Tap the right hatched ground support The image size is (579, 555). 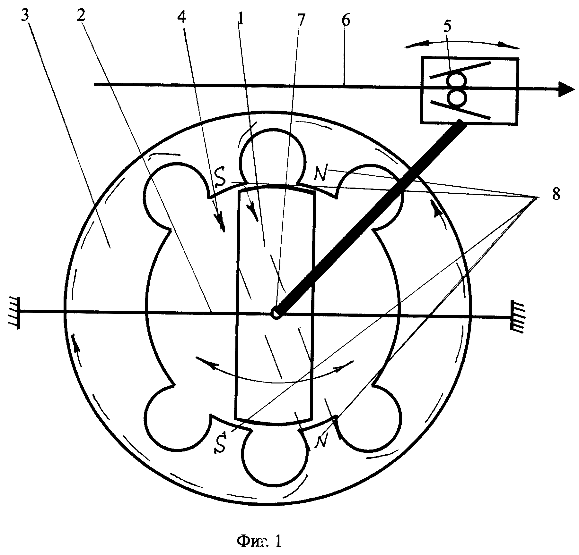(x=517, y=317)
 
